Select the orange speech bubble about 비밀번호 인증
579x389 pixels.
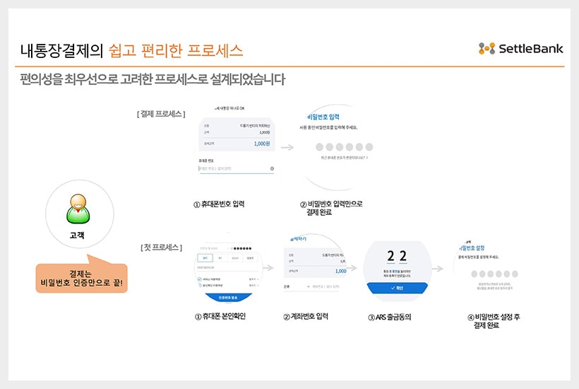(x=81, y=278)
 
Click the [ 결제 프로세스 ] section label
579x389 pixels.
(x=161, y=114)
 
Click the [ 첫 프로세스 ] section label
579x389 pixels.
(x=161, y=248)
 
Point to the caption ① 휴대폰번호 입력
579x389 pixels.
(x=220, y=204)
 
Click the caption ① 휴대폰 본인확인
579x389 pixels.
(x=225, y=316)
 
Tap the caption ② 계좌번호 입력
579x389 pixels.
(x=305, y=316)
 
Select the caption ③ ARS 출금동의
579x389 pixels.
(x=389, y=317)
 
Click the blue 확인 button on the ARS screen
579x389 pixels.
(x=397, y=288)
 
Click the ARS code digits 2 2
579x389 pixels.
(x=397, y=255)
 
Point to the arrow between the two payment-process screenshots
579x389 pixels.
(x=287, y=148)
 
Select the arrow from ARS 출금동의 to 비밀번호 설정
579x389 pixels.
(x=438, y=269)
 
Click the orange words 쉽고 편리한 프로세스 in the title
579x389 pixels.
(x=177, y=50)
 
